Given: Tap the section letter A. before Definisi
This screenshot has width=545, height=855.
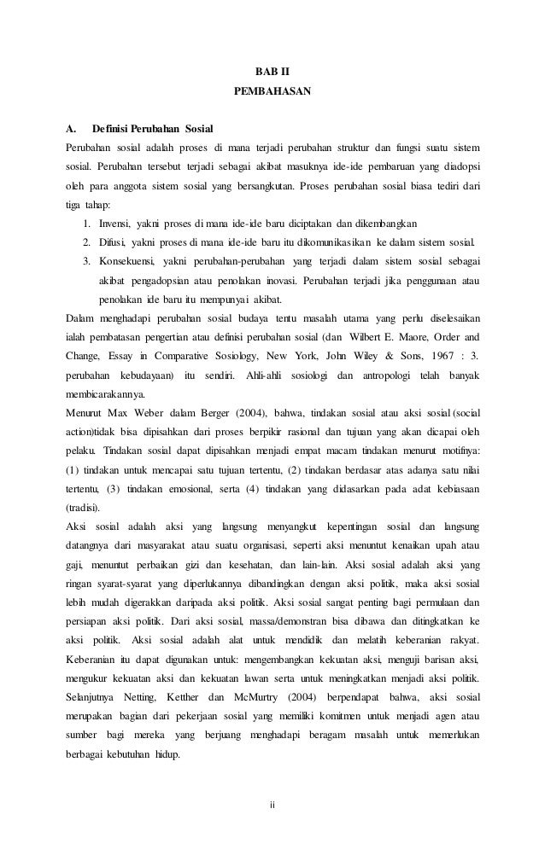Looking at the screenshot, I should (71, 129).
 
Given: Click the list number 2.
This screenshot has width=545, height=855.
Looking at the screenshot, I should (87, 242).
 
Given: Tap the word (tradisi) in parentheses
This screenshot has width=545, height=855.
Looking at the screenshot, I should (85, 507).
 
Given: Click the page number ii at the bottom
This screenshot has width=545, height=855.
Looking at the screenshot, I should (272, 804).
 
